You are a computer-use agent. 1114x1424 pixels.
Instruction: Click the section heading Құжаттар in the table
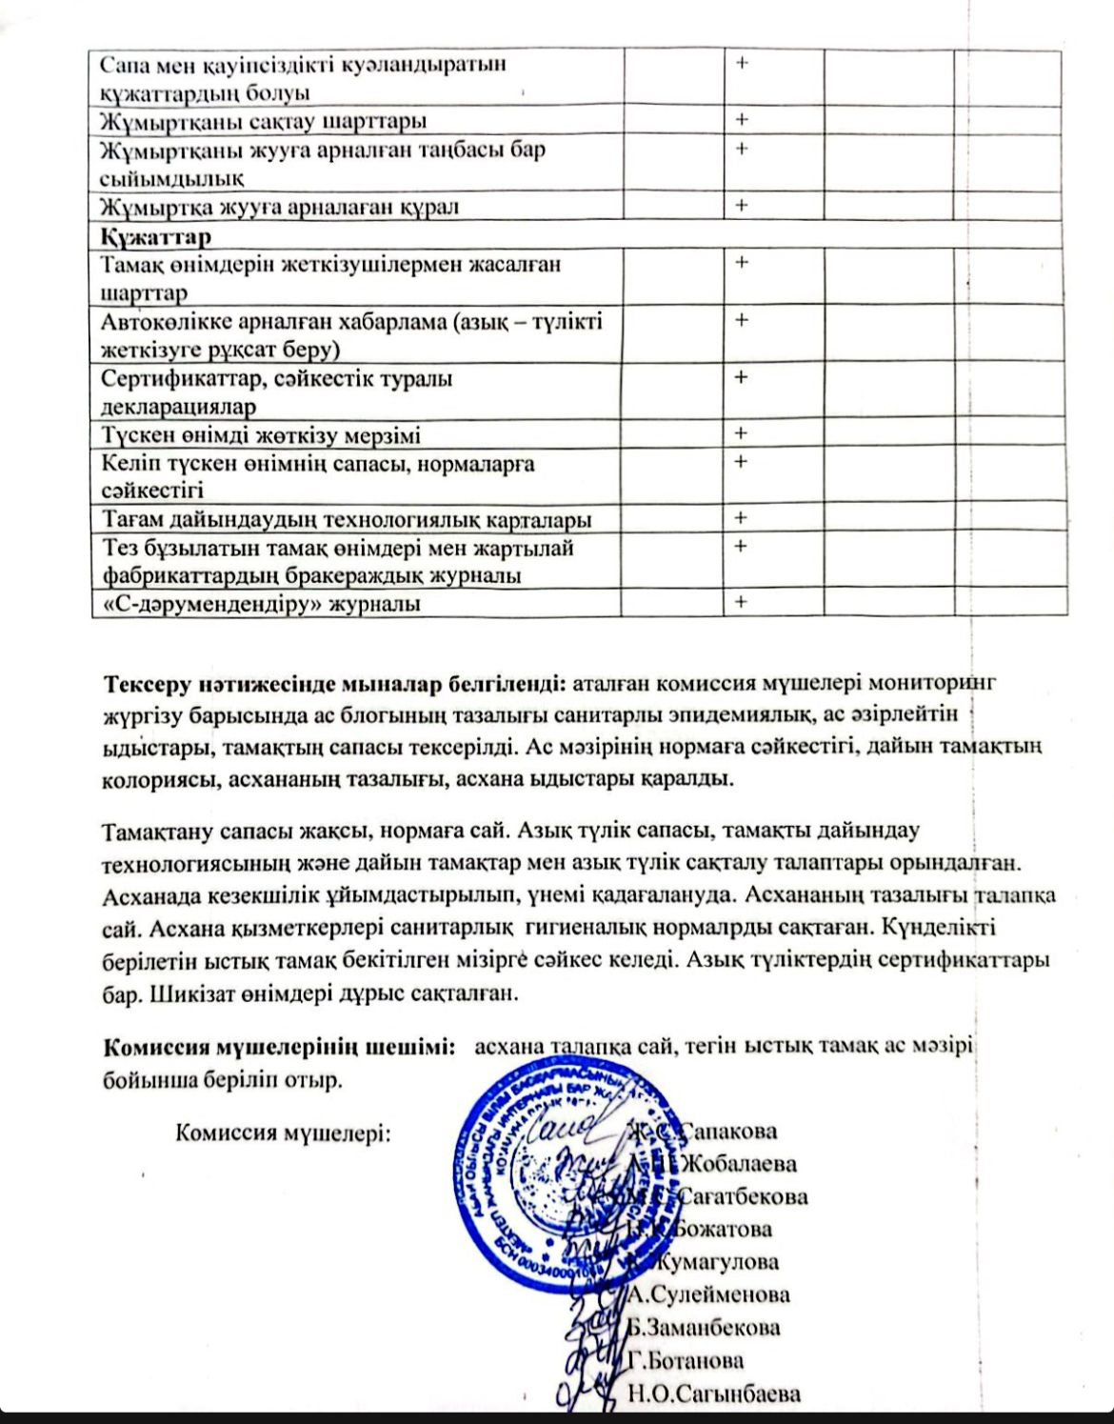pos(156,235)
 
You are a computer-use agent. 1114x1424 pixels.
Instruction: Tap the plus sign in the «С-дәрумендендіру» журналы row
pos(741,602)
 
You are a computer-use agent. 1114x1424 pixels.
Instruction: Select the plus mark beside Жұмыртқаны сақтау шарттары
pos(741,120)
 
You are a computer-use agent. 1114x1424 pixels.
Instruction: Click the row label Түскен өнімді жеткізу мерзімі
pos(261,435)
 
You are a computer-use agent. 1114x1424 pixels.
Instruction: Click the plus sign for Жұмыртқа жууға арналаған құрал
pos(741,205)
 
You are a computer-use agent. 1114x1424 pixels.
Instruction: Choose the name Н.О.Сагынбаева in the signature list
pos(714,1394)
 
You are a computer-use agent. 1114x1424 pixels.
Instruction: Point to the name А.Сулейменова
pos(709,1294)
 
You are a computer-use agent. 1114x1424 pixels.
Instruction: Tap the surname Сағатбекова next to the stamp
pos(745,1196)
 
